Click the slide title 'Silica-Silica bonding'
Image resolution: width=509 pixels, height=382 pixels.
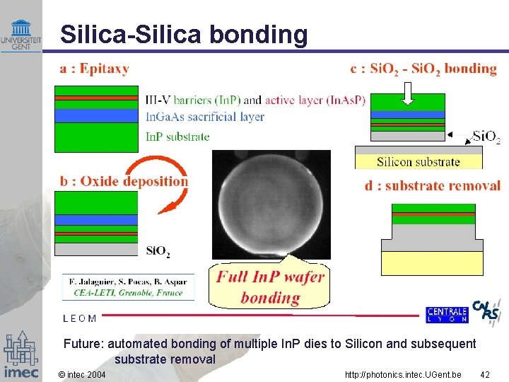pos(184,35)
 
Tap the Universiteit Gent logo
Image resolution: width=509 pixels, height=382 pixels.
pos(21,35)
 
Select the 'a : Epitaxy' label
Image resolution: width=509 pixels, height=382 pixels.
pos(94,69)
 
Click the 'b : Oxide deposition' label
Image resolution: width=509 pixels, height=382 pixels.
pos(124,181)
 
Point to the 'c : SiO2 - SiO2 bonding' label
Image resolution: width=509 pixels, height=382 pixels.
pos(423,69)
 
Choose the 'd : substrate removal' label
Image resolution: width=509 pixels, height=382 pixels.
pos(433,185)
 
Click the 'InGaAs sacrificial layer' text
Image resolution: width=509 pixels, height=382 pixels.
pos(204,117)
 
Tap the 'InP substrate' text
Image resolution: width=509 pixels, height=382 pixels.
pos(177,137)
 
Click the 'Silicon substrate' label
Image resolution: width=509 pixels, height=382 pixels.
pos(418,161)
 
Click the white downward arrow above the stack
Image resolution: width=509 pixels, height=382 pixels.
pos(407,93)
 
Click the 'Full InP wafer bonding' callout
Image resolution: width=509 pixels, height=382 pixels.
pos(270,286)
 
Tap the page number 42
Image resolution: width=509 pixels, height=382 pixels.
pos(484,374)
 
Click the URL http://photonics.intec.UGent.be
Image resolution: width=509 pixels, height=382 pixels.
pos(403,374)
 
